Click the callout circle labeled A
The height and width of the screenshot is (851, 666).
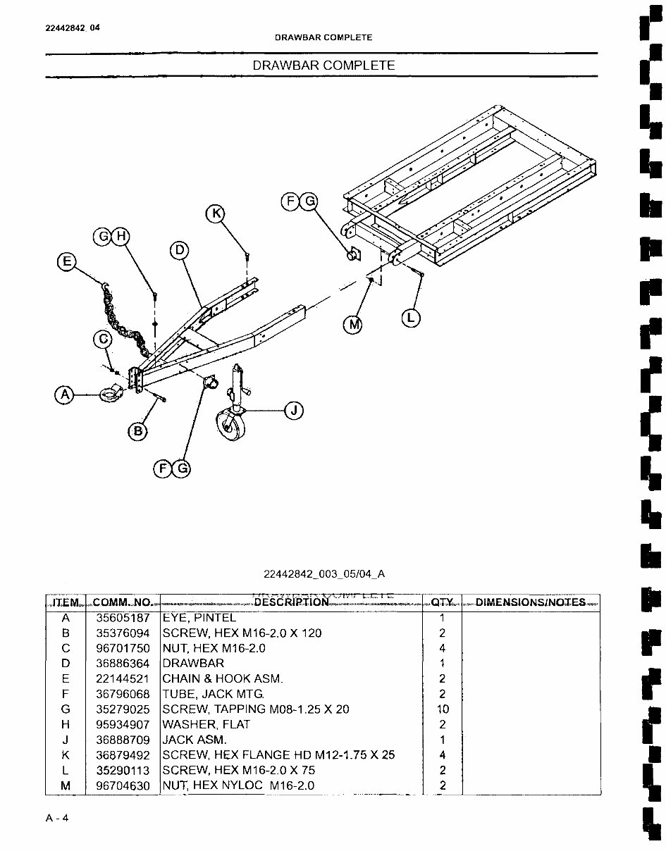pos(66,395)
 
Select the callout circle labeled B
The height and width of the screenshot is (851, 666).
pos(139,431)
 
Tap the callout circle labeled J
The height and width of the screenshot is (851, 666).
pos(294,409)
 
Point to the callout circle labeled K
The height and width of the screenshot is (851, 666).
pos(216,213)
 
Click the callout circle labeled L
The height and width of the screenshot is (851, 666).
pos(411,318)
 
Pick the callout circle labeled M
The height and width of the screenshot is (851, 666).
pos(352,324)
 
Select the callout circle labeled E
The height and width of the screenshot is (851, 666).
pos(67,262)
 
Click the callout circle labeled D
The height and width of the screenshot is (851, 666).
pos(180,250)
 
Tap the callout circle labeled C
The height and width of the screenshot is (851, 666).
pos(104,340)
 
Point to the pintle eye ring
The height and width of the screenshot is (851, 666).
pos(111,395)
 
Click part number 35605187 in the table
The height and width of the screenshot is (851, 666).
pos(123,618)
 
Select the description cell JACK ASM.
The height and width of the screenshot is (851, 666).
pos(195,740)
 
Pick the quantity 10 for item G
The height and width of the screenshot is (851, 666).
pos(443,709)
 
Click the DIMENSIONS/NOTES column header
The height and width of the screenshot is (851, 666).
pos(531,602)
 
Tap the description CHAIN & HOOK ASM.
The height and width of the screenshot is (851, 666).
pos(223,678)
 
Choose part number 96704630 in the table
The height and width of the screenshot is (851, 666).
pos(123,785)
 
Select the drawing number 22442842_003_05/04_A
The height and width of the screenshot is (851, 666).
pos(325,573)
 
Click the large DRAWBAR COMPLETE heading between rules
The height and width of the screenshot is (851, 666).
pos(323,65)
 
